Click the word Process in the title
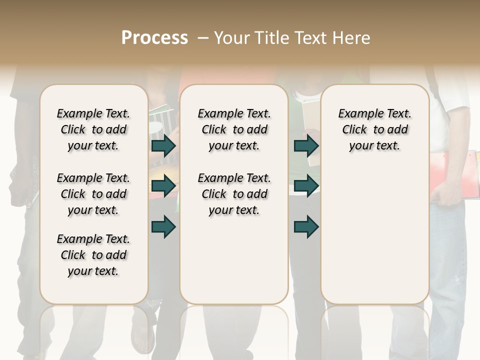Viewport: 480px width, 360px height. tap(154, 38)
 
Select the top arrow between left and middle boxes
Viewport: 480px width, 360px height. tap(163, 146)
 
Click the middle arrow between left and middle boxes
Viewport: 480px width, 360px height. tap(163, 186)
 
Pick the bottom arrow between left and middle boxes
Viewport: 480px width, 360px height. tap(163, 227)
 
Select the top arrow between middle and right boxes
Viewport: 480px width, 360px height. tap(306, 146)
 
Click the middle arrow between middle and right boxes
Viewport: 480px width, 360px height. tap(306, 186)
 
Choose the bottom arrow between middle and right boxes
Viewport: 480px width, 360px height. tap(306, 227)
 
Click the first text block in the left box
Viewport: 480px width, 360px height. tap(93, 129)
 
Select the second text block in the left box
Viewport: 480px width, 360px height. tap(93, 194)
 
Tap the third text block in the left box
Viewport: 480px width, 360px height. tap(93, 255)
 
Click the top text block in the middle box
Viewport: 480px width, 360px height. tap(234, 129)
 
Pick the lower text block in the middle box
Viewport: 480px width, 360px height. tap(234, 194)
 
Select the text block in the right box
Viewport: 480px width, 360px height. tap(374, 129)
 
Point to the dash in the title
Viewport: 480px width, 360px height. tap(202, 38)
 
